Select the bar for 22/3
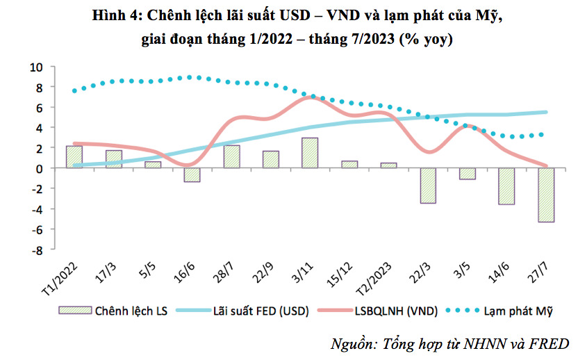(x=428, y=186)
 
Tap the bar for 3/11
(x=310, y=153)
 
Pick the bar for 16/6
(x=192, y=174)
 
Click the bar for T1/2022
(x=74, y=157)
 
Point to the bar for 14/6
(x=506, y=186)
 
